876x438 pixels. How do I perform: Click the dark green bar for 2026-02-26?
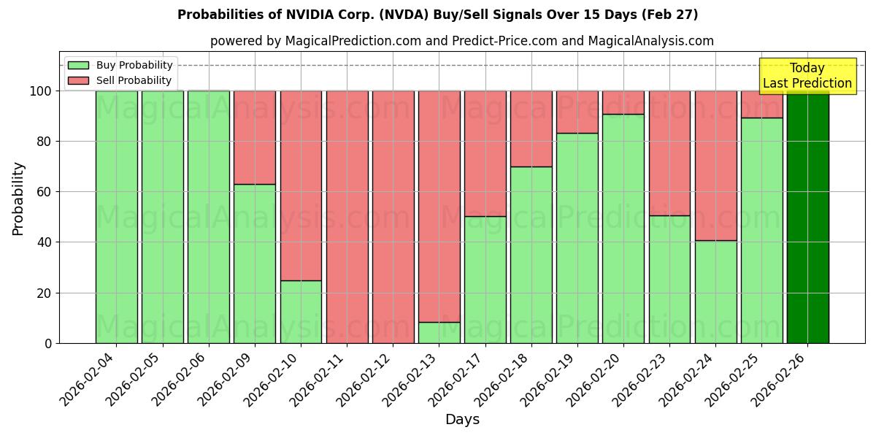(x=807, y=217)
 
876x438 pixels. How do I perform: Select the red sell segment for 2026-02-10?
(x=301, y=185)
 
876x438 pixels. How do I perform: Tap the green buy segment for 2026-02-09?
(x=255, y=264)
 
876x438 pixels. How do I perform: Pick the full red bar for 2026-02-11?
(x=347, y=217)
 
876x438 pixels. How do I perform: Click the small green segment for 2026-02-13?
(x=439, y=332)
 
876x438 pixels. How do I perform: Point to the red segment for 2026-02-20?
(x=623, y=102)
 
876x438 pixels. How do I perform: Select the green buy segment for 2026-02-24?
(x=715, y=292)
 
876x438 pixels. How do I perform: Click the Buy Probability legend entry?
(x=120, y=65)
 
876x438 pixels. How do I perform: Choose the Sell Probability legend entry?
(x=120, y=80)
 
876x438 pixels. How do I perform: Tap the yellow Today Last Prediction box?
(x=807, y=76)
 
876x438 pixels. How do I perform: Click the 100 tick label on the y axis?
(x=41, y=91)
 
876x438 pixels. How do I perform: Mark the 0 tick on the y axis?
(x=49, y=343)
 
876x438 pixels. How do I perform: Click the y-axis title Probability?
(x=18, y=198)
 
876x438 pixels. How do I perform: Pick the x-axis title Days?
(x=462, y=420)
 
